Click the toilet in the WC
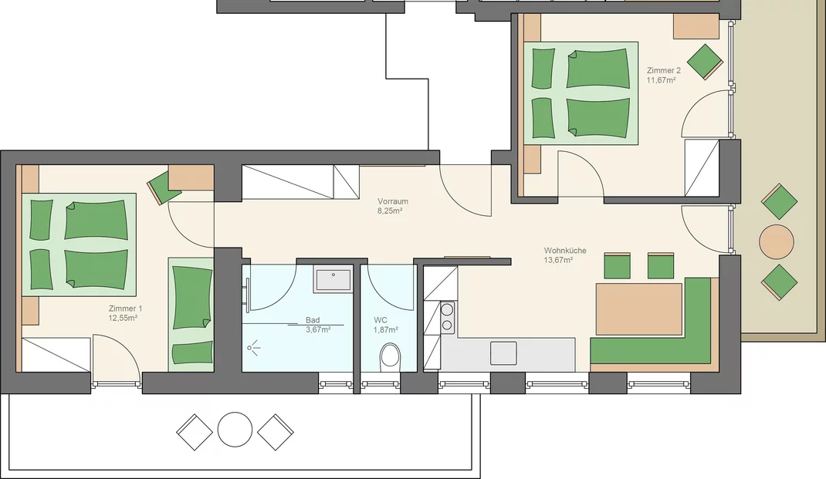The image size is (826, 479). pyautogui.click(x=390, y=356)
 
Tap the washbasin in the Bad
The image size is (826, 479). pyautogui.click(x=333, y=279)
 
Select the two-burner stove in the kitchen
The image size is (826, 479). pyautogui.click(x=447, y=317)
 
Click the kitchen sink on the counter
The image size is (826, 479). pyautogui.click(x=503, y=353)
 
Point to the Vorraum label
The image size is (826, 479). pyautogui.click(x=392, y=201)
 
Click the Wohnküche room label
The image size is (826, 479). pyautogui.click(x=565, y=251)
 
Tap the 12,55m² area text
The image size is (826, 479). pyautogui.click(x=123, y=318)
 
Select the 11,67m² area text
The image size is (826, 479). pyautogui.click(x=661, y=80)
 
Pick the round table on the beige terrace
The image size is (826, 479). pyautogui.click(x=776, y=241)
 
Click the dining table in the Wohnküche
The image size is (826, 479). pyautogui.click(x=639, y=309)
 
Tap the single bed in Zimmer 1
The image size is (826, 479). pyautogui.click(x=191, y=314)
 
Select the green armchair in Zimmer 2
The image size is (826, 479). pyautogui.click(x=705, y=62)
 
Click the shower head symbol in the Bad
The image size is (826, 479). pyautogui.click(x=253, y=347)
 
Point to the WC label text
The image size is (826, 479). pyautogui.click(x=381, y=320)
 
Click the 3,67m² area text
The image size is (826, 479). pyautogui.click(x=318, y=329)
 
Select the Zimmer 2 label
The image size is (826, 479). pyautogui.click(x=664, y=70)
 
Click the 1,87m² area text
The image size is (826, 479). pyautogui.click(x=386, y=329)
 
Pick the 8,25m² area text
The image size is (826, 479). pyautogui.click(x=390, y=211)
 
